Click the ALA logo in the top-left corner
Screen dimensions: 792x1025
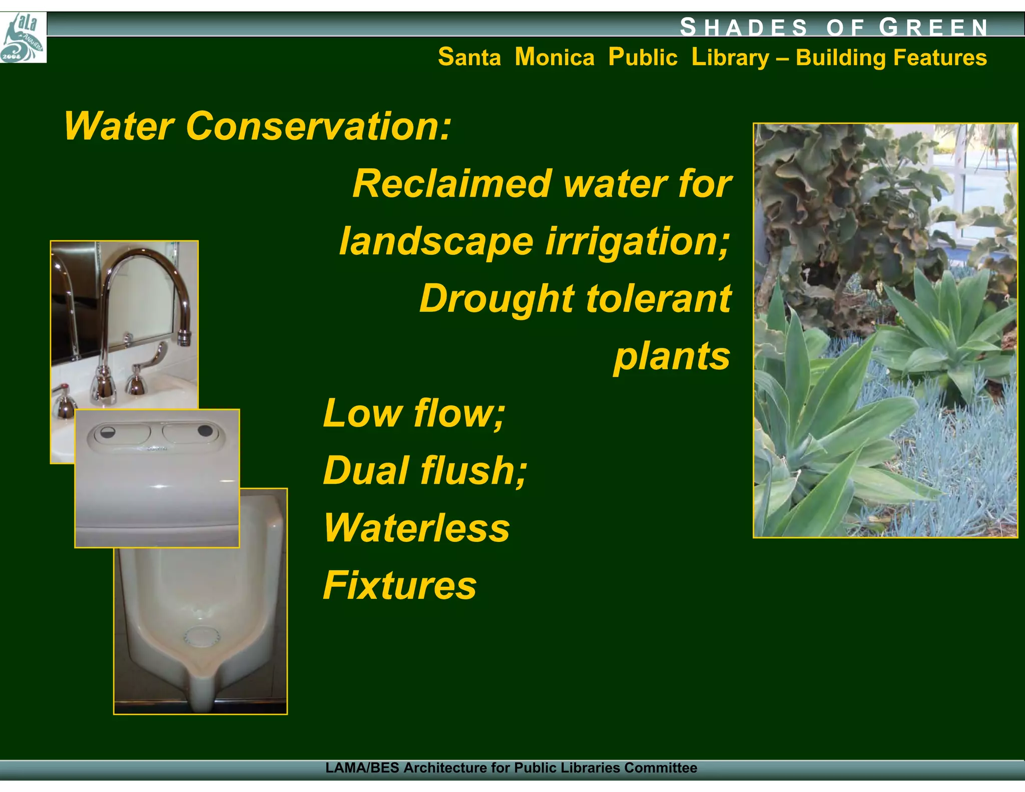pyautogui.click(x=23, y=38)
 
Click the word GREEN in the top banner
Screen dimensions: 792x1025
pyautogui.click(x=933, y=27)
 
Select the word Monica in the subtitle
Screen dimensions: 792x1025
pyautogui.click(x=555, y=57)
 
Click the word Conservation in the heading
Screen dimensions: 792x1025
pyautogui.click(x=318, y=126)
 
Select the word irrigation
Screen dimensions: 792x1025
pyautogui.click(x=637, y=242)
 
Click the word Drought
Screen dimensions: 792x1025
pyautogui.click(x=496, y=299)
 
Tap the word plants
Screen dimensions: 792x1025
pyautogui.click(x=672, y=357)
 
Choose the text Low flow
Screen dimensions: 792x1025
pyautogui.click(x=413, y=414)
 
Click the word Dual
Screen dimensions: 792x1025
pyautogui.click(x=366, y=471)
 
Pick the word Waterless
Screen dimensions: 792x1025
pyautogui.click(x=416, y=528)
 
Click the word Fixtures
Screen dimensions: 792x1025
pyautogui.click(x=399, y=585)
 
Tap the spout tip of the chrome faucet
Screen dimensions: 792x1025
pyautogui.click(x=184, y=340)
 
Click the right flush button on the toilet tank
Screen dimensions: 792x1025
pyautogui.click(x=204, y=431)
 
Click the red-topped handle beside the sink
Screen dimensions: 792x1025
pyautogui.click(x=65, y=390)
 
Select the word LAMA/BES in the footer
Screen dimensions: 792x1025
pyautogui.click(x=362, y=768)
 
